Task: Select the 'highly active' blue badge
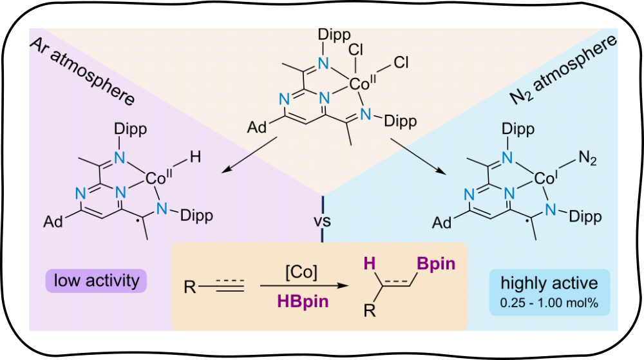tap(549, 283)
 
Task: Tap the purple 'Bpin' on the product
tap(435, 263)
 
